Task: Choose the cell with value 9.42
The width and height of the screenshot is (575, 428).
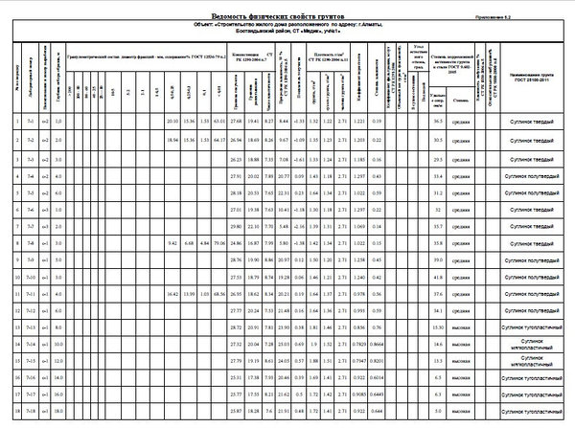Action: pyautogui.click(x=172, y=244)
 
